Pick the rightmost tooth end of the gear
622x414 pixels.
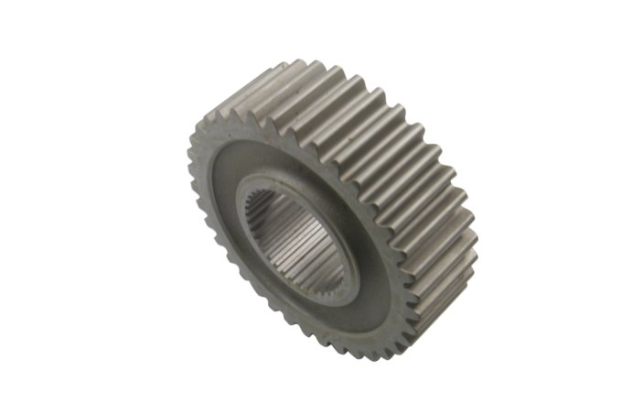tap(475, 220)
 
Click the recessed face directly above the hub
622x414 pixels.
tap(274, 151)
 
